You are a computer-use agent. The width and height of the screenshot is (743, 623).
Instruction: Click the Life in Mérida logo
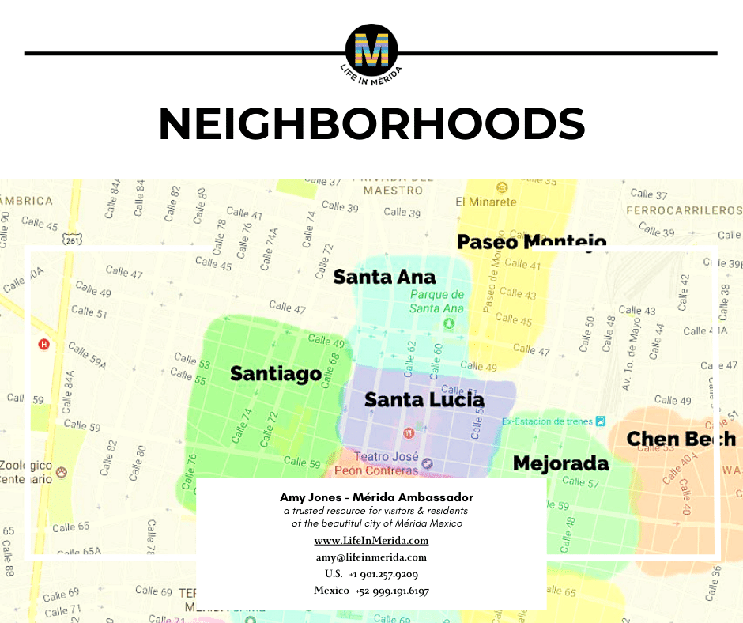click(x=371, y=51)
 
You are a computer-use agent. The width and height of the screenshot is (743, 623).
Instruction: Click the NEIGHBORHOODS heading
click(x=371, y=125)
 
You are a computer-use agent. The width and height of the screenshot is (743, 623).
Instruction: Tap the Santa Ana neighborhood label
click(x=384, y=277)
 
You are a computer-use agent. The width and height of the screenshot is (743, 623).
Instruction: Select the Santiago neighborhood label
click(x=276, y=373)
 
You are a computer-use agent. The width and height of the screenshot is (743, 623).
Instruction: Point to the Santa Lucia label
click(x=424, y=400)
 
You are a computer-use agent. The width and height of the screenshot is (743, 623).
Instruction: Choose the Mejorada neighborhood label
click(x=561, y=463)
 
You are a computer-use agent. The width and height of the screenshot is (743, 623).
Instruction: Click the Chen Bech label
click(x=681, y=439)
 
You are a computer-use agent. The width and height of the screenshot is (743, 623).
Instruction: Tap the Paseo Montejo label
click(x=532, y=242)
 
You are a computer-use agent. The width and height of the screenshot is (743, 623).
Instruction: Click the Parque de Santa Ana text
click(x=436, y=301)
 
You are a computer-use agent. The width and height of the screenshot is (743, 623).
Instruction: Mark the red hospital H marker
click(x=44, y=344)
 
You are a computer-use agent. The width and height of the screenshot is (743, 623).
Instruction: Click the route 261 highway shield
click(x=74, y=240)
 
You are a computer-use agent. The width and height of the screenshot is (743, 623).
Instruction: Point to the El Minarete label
click(x=486, y=202)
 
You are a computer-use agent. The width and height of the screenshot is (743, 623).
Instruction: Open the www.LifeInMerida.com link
click(x=371, y=541)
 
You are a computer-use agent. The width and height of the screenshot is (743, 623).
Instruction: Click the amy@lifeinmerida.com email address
click(x=371, y=557)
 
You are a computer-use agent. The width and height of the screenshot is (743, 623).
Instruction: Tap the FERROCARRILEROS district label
click(x=684, y=210)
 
